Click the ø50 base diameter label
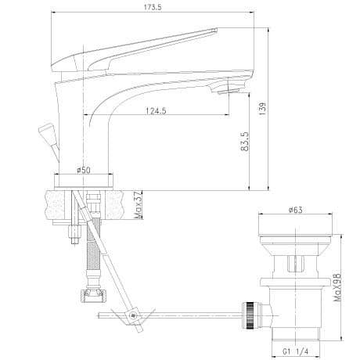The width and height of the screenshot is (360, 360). pos(84,170)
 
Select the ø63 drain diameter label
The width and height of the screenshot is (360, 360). pos(296,210)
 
